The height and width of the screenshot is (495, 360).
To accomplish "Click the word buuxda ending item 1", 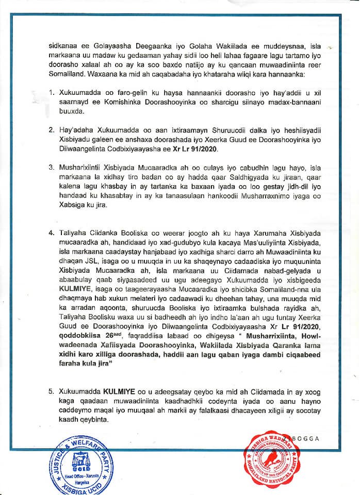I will pos(73,113).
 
